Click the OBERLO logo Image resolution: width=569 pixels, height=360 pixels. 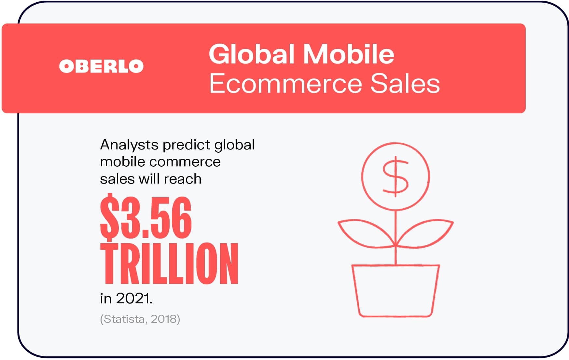[x=101, y=66]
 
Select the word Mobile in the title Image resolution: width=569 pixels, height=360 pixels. [x=349, y=54]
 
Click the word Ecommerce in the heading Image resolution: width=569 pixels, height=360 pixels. [x=285, y=84]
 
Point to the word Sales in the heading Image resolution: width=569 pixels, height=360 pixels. [x=405, y=84]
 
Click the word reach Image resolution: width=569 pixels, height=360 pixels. [x=183, y=179]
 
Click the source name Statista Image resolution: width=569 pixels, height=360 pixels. [x=124, y=319]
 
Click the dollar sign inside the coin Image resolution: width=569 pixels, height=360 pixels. [x=395, y=177]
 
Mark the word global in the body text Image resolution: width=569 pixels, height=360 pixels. [x=234, y=145]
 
